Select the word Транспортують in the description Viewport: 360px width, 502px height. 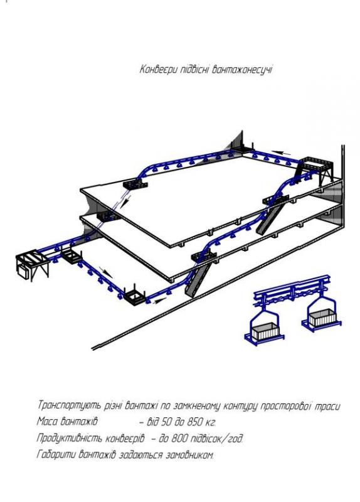pos(69,405)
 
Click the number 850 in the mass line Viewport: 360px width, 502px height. pos(194,422)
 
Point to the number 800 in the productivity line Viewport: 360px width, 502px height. pos(180,438)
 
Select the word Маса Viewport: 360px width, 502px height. pos(48,421)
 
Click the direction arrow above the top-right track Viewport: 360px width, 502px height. pos(281,153)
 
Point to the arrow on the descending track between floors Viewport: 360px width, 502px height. pos(127,202)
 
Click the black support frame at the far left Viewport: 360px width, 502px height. pos(33,264)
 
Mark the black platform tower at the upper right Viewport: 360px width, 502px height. pos(316,170)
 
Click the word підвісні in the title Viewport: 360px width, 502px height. pos(194,69)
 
